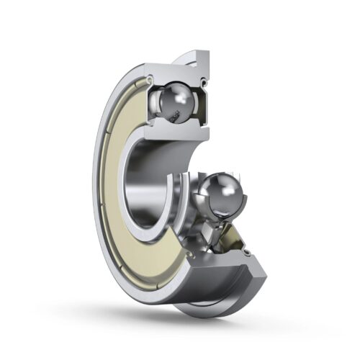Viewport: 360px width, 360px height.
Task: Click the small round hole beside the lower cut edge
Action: [248, 253]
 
